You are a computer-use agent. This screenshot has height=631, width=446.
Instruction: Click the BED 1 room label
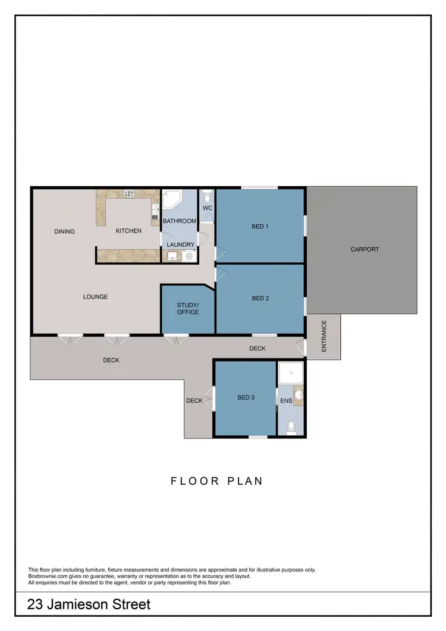260,226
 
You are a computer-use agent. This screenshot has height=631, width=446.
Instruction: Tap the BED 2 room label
260,298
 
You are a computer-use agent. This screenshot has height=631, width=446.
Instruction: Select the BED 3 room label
246,397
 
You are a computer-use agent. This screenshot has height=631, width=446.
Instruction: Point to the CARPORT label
365,249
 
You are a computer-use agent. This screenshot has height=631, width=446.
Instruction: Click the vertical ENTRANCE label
324,337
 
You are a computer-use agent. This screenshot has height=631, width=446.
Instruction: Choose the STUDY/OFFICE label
188,309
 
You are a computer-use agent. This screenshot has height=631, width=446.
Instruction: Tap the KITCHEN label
128,231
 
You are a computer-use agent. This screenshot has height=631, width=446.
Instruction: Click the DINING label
64,231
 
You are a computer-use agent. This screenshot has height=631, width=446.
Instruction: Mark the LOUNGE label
95,297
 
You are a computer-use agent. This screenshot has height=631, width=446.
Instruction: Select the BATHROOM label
180,221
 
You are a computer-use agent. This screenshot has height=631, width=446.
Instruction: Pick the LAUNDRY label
180,244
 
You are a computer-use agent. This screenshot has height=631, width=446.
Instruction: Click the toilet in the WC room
207,197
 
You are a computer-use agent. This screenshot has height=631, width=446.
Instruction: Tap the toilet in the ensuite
291,427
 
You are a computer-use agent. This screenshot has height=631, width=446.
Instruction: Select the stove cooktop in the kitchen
128,193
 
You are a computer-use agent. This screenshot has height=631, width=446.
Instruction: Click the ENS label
286,401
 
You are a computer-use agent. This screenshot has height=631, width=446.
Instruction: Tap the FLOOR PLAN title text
216,481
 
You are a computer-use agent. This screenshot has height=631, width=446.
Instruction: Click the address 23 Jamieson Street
89,605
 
